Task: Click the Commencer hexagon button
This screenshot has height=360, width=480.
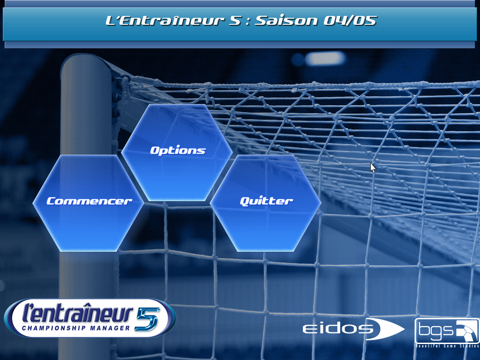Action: coord(88,203)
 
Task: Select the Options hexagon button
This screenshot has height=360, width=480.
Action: coord(177,152)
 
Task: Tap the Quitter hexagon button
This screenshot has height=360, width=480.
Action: coord(265,203)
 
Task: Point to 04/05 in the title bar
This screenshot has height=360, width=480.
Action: coord(350,21)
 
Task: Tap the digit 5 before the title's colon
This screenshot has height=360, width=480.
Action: coord(235,21)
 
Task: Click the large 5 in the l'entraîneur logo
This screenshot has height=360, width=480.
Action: coord(148,319)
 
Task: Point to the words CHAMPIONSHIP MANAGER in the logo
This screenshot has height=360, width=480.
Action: coord(76,328)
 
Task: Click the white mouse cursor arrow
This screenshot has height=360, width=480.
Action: coord(373,168)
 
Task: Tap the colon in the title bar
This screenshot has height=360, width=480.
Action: coord(247,22)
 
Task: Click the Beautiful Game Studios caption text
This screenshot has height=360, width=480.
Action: coord(447,346)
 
